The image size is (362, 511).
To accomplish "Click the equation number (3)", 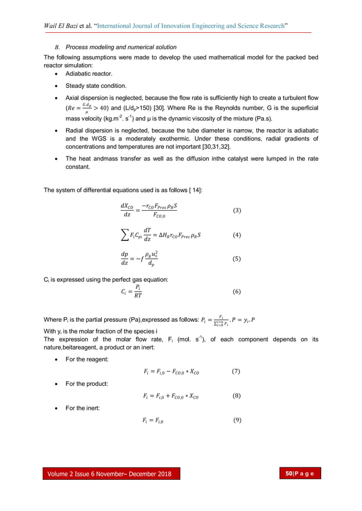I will coord(237,211).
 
